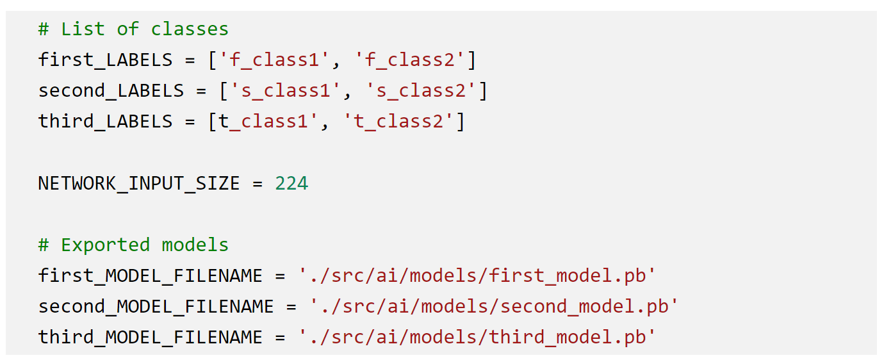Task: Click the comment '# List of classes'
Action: pyautogui.click(x=133, y=29)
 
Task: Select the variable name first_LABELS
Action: pyautogui.click(x=105, y=60)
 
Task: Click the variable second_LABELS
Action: pyautogui.click(x=111, y=91)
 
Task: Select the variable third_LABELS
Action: pyautogui.click(x=105, y=122)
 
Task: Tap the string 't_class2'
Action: pyautogui.click(x=398, y=122)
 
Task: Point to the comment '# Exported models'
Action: pyautogui.click(x=133, y=245)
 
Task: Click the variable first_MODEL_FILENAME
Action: pyautogui.click(x=151, y=276)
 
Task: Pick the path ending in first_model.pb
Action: pyautogui.click(x=477, y=276)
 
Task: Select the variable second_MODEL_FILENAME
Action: pyautogui.click(x=156, y=307)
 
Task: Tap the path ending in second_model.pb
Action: pyautogui.click(x=494, y=307)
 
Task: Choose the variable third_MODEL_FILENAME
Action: pyautogui.click(x=151, y=338)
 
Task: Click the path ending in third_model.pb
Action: pyautogui.click(x=477, y=338)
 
